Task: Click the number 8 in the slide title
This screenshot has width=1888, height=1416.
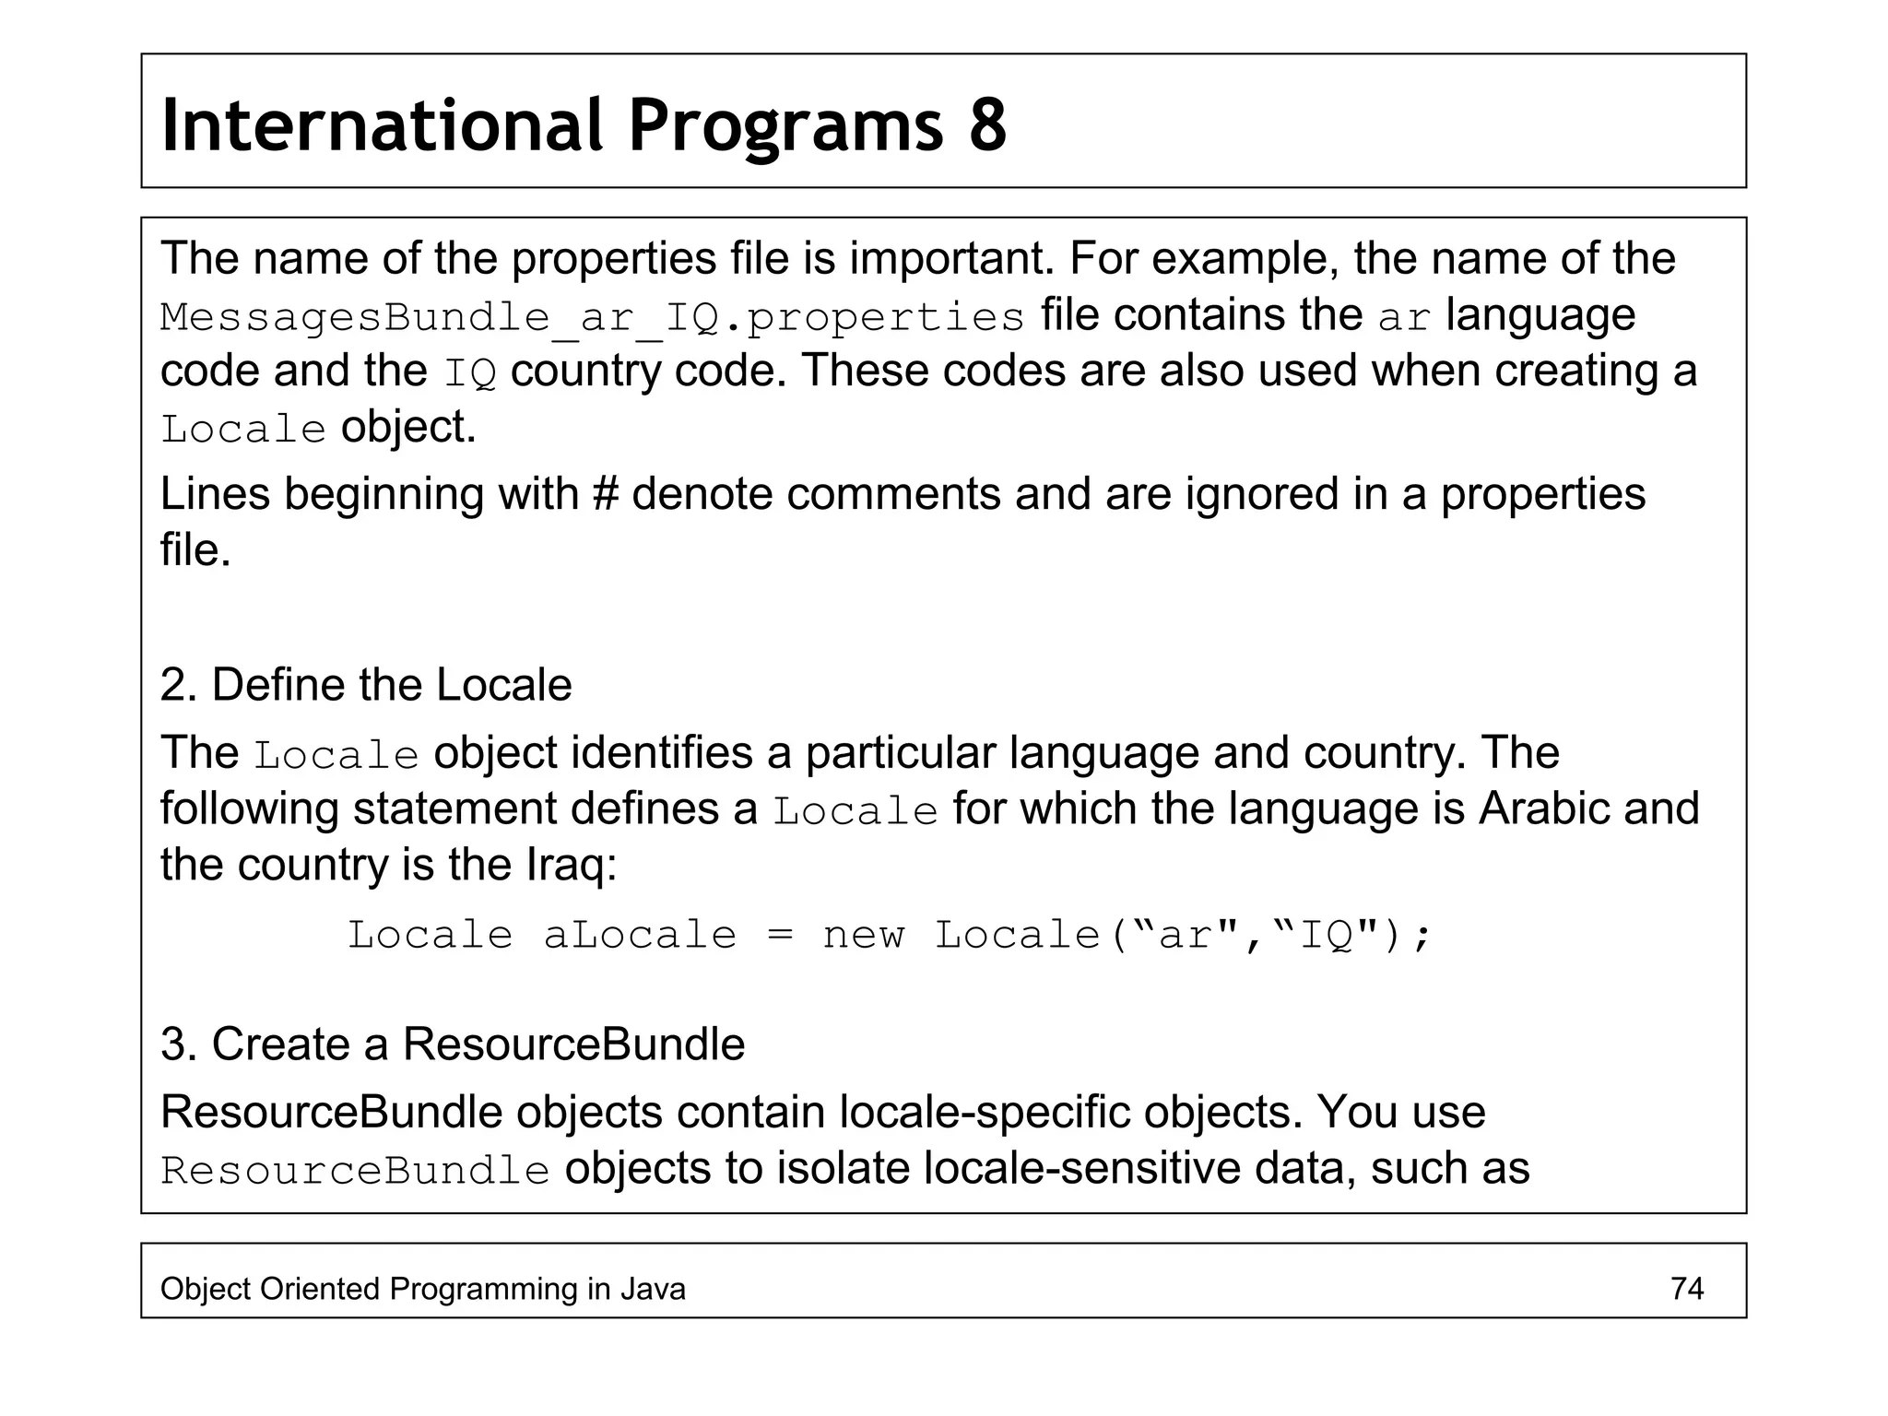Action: [x=987, y=125]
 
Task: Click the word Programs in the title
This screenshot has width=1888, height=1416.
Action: [x=786, y=125]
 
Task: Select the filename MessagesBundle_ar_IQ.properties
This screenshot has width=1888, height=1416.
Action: [x=592, y=317]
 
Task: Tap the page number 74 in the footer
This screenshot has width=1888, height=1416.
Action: [x=1686, y=1288]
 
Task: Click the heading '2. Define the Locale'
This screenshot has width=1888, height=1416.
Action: [x=366, y=685]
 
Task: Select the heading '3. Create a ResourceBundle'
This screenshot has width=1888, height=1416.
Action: [x=453, y=1044]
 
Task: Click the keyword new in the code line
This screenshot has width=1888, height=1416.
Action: [x=864, y=936]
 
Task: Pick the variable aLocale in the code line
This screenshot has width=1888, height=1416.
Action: [x=640, y=936]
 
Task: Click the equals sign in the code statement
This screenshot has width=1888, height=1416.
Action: [x=780, y=936]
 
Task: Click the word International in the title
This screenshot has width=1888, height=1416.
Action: [x=382, y=125]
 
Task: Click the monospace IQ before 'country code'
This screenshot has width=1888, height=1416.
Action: [x=470, y=373]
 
